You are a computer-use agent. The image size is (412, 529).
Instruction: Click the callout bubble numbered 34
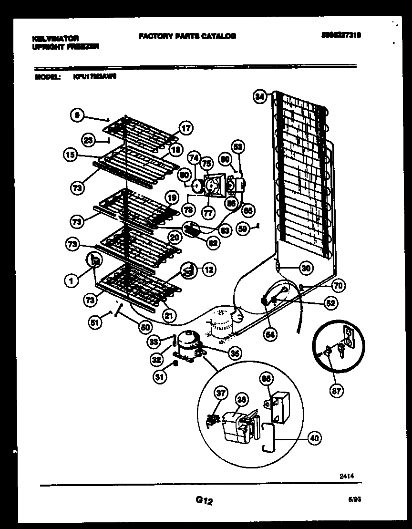[259, 97]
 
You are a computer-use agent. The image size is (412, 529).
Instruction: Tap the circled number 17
[185, 128]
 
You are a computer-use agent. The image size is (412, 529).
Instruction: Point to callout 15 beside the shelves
[70, 154]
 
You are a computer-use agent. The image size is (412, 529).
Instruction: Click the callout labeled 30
[306, 269]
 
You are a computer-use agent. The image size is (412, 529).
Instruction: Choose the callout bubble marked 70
[338, 286]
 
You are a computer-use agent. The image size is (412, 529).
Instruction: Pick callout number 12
[208, 270]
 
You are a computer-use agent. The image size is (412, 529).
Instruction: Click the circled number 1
[71, 281]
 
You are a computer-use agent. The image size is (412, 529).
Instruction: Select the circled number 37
[221, 394]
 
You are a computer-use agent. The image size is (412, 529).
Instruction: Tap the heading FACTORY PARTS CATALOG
[187, 36]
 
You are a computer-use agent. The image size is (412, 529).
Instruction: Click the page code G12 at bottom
[204, 500]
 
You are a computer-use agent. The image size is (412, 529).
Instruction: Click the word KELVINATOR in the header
[56, 38]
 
